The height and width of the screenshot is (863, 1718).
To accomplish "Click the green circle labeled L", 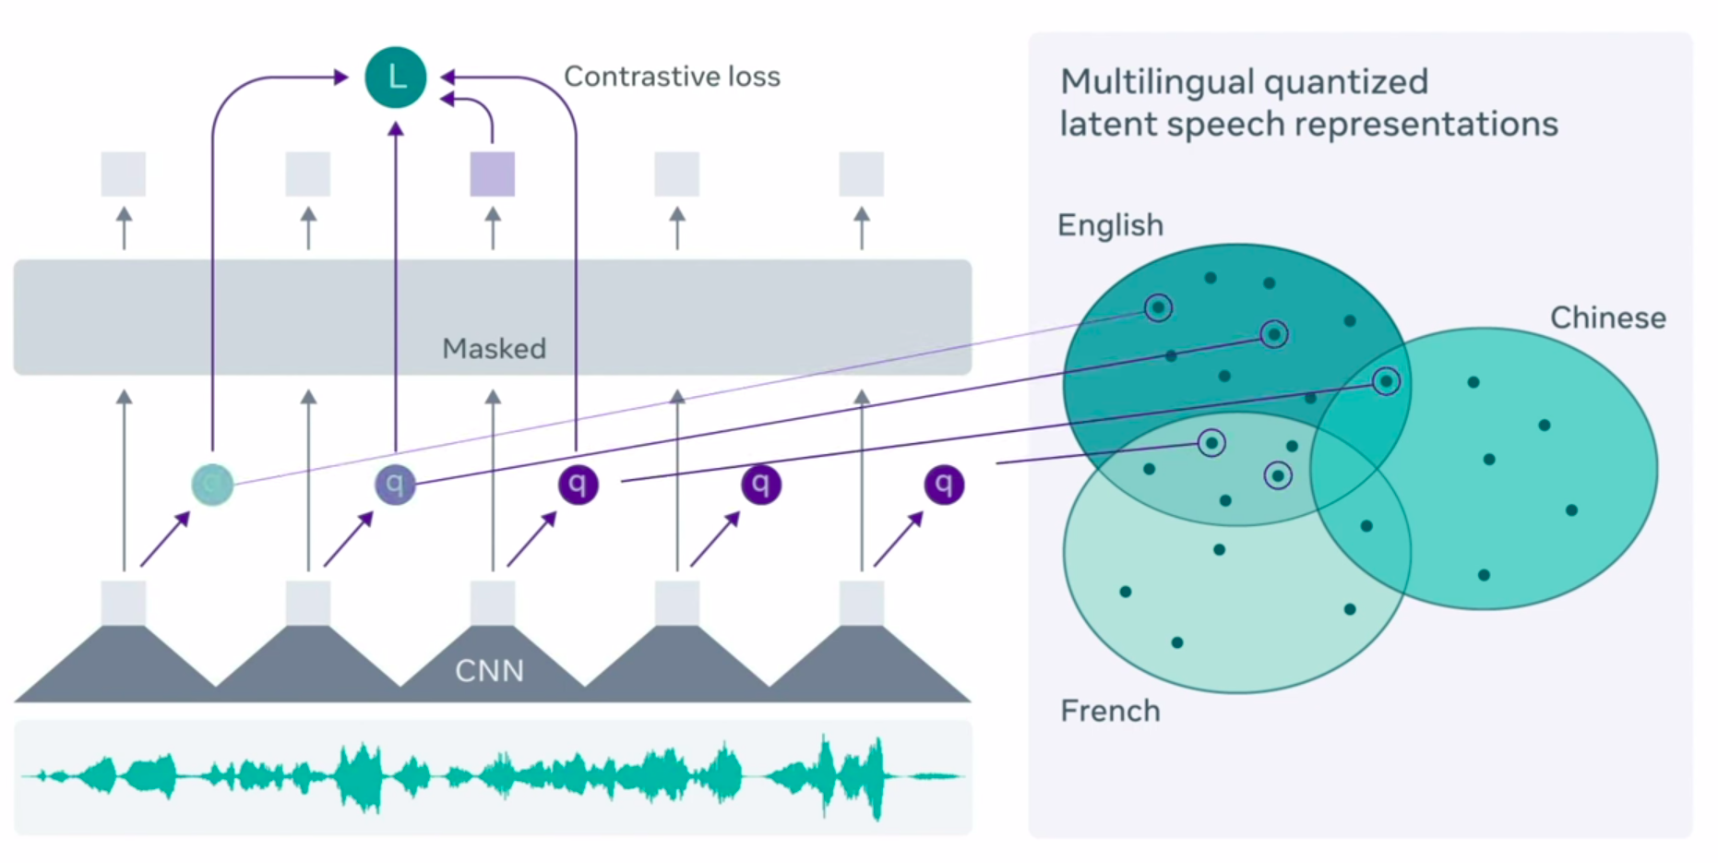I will tap(396, 78).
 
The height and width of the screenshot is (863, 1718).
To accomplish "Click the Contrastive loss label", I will tap(672, 77).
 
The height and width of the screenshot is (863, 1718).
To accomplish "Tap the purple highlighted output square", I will tap(492, 174).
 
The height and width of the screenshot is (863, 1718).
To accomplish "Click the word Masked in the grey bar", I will tap(494, 348).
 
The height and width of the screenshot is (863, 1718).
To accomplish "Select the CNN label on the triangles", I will tap(489, 670).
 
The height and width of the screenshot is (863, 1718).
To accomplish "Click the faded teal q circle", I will tap(212, 484).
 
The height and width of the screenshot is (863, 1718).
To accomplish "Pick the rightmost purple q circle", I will tap(943, 484).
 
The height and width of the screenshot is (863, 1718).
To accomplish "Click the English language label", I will tap(1110, 225).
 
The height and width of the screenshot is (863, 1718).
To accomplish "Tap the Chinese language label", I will tap(1607, 318).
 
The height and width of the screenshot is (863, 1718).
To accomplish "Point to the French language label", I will tap(1110, 711).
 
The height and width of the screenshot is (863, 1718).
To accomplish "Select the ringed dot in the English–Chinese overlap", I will tap(1385, 381).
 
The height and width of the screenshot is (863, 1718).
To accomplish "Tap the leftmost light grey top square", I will tap(124, 174).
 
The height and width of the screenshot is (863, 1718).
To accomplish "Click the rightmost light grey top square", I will tap(861, 174).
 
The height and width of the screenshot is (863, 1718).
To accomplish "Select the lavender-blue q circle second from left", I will tap(395, 484).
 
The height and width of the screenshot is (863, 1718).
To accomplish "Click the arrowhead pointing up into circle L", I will tap(396, 129).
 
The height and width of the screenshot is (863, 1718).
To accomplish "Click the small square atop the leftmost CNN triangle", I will tap(124, 603).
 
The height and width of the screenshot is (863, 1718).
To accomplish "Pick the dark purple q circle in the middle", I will tap(578, 484).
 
